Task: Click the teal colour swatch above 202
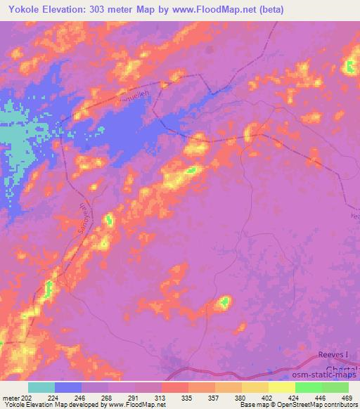[x=41, y=387]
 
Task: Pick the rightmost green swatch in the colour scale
[x=335, y=387]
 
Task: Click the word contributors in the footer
[x=342, y=405]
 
